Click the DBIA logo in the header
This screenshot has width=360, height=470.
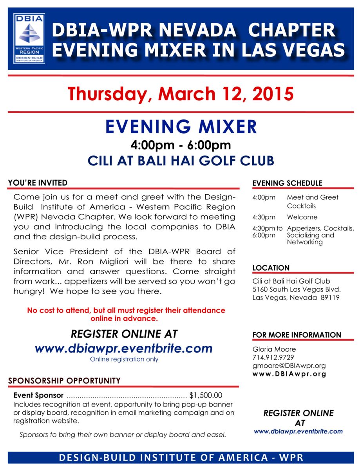(x=29, y=38)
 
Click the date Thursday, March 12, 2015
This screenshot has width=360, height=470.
(x=180, y=94)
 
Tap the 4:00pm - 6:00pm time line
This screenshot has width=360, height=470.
(x=181, y=145)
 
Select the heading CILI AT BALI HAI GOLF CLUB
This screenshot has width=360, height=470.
(x=180, y=161)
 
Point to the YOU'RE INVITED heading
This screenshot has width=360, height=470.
(x=38, y=183)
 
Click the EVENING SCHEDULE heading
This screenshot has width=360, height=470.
(x=287, y=183)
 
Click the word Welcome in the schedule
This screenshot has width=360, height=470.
(x=302, y=217)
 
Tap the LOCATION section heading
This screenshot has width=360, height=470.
(x=271, y=268)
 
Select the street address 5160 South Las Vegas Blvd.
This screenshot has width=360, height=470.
(x=297, y=289)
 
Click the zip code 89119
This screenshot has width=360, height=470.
(x=330, y=298)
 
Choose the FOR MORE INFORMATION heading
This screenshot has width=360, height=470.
(x=297, y=335)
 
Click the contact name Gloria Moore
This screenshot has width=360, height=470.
(x=274, y=349)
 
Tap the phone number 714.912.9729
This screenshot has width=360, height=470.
(x=273, y=357)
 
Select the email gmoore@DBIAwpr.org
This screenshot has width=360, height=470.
(x=289, y=365)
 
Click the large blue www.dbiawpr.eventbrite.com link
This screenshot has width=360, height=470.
(x=124, y=348)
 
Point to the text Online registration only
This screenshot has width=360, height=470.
(x=124, y=359)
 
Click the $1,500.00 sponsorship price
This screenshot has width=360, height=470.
(x=206, y=395)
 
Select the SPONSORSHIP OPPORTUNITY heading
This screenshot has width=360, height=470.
(x=64, y=381)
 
